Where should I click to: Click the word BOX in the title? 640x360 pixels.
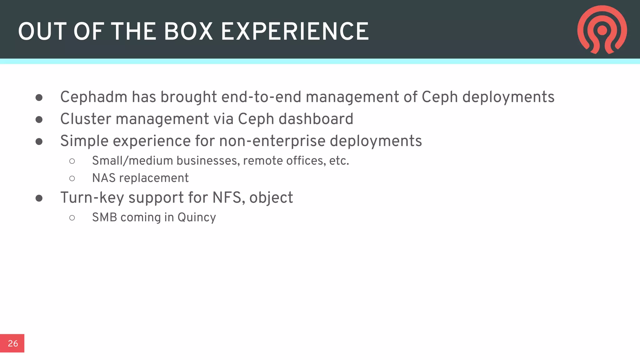click(x=188, y=32)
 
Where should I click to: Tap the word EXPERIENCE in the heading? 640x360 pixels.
click(x=295, y=32)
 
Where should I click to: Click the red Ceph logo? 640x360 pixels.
click(x=602, y=30)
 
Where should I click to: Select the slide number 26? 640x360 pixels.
click(x=13, y=343)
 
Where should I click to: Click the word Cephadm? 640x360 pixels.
click(x=94, y=97)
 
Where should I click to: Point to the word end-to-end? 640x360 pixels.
click(x=261, y=97)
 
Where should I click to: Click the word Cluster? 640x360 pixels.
click(x=86, y=119)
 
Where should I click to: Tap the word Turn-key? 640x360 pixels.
click(x=92, y=198)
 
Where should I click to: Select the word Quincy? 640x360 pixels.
click(x=197, y=217)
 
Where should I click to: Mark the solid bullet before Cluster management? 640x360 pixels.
click(x=39, y=120)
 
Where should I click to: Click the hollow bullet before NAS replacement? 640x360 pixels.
click(x=72, y=178)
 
